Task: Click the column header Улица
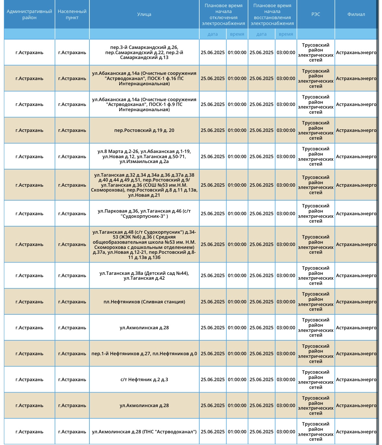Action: tap(144, 14)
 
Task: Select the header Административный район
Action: tap(29, 14)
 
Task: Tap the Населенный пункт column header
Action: tap(72, 14)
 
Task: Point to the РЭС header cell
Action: tap(316, 14)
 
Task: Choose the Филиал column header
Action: tap(356, 14)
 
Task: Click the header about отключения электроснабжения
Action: tap(224, 14)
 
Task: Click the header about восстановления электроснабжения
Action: tap(272, 14)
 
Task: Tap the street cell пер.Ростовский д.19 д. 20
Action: tap(144, 130)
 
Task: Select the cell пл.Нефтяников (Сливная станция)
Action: tap(144, 302)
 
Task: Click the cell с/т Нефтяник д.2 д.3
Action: tap(144, 380)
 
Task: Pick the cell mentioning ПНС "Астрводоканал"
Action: tap(144, 432)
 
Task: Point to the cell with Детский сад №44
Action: tap(144, 275)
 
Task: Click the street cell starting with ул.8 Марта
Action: tap(144, 157)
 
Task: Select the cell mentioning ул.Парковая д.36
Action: tap(144, 214)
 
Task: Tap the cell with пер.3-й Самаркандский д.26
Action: tap(144, 53)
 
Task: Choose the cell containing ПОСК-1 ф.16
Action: tap(144, 78)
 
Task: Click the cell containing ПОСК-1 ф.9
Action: tap(144, 104)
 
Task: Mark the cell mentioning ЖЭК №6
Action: tap(144, 244)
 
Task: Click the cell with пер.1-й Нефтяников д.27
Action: tap(144, 354)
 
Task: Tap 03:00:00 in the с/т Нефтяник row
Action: tap(286, 380)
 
